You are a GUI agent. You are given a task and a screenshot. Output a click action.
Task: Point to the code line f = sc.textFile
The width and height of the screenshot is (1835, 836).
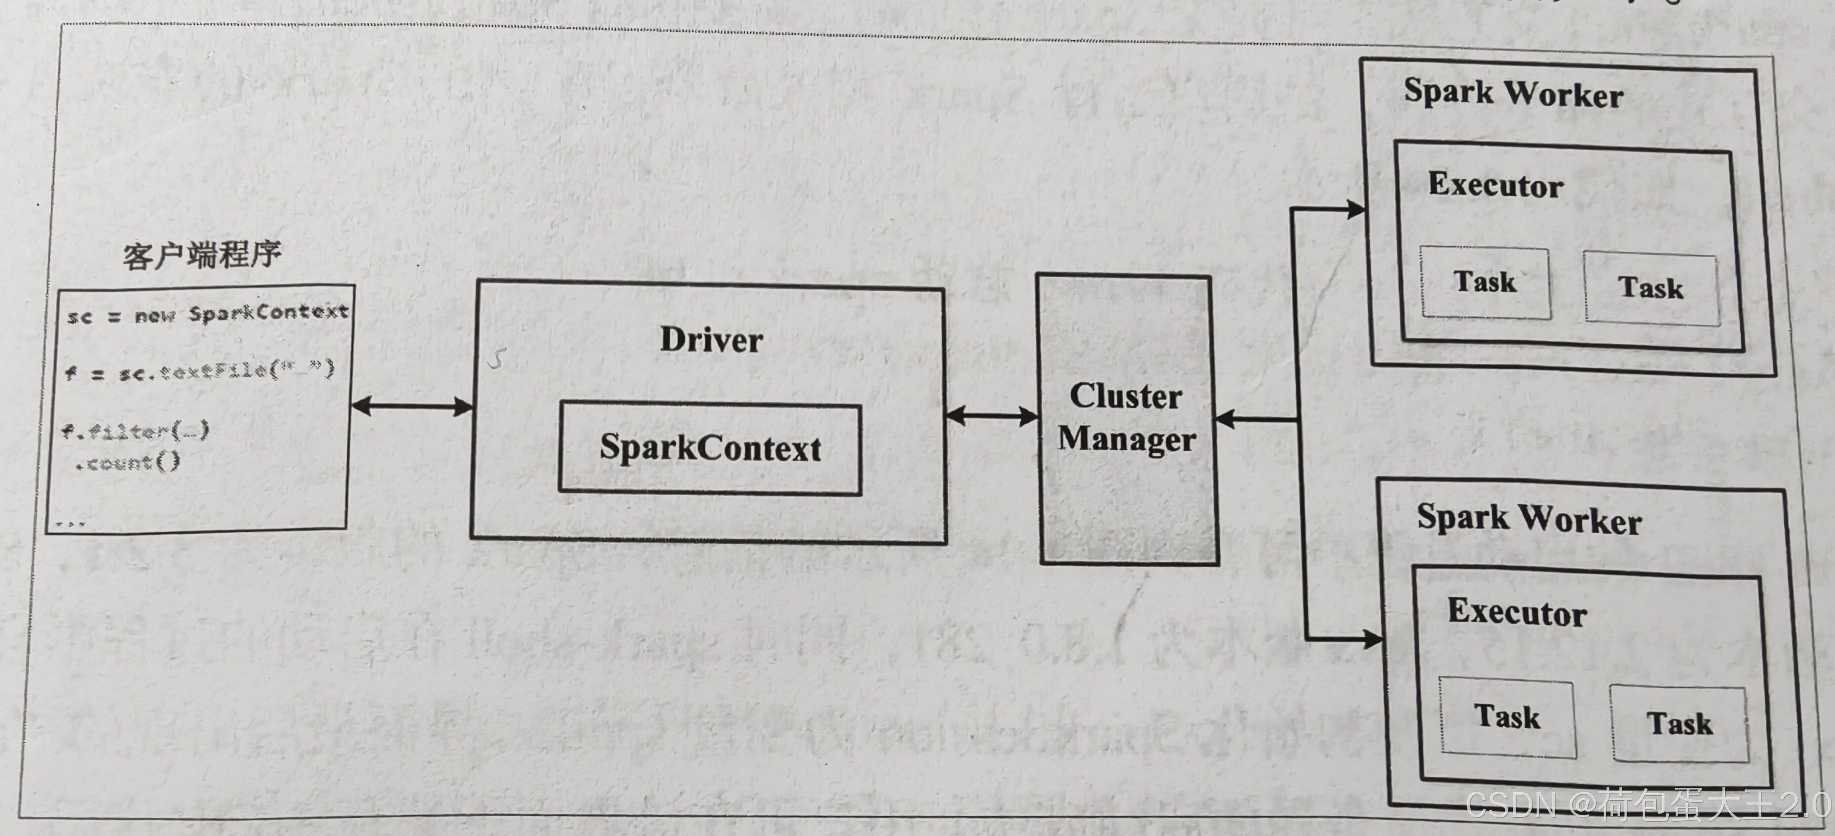point(200,371)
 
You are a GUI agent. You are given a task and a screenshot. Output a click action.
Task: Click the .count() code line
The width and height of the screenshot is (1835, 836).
point(128,463)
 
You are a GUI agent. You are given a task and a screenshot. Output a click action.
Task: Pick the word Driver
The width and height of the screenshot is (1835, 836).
point(711,340)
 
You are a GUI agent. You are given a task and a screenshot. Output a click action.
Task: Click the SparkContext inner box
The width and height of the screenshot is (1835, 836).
point(710,448)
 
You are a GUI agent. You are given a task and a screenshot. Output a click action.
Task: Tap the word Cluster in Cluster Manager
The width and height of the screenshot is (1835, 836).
point(1126,397)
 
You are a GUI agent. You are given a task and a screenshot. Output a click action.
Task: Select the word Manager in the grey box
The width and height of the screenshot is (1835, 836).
point(1126,438)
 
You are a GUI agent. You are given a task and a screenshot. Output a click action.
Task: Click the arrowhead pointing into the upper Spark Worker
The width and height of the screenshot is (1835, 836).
point(1353,209)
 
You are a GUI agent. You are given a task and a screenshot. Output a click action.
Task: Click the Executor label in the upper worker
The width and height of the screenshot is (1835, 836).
point(1495,185)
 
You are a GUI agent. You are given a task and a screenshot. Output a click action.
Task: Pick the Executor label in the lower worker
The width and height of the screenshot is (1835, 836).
point(1517,613)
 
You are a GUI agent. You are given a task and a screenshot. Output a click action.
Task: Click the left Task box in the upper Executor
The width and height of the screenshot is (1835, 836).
point(1485,282)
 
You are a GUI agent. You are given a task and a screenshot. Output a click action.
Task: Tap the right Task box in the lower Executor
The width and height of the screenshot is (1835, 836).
point(1679,723)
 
